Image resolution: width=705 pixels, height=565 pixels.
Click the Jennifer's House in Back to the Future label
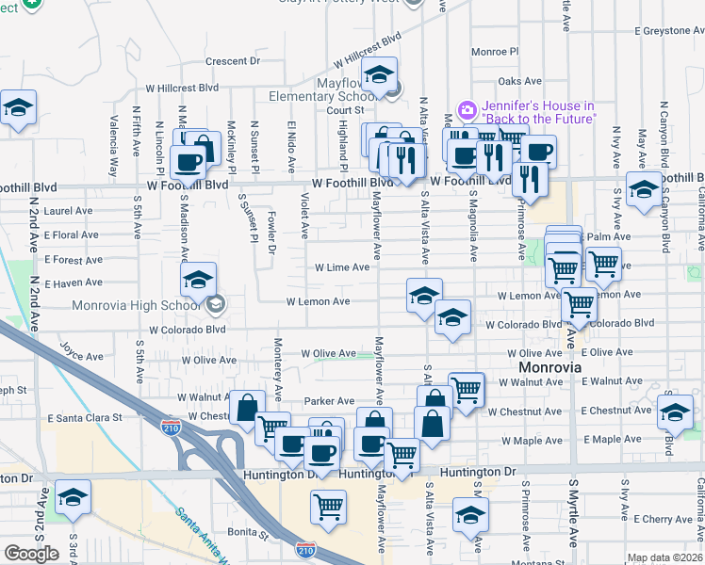coord(539,112)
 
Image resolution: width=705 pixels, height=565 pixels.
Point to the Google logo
coord(31,553)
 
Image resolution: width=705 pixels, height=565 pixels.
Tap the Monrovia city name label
coord(549,366)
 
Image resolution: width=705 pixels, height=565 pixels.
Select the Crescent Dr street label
coord(232,61)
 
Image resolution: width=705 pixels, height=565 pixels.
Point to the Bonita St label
coord(249,533)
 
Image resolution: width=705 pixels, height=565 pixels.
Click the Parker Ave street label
coord(328,401)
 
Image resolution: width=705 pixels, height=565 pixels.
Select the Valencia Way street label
coord(113,146)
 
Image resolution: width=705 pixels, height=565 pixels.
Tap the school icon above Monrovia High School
coord(199,279)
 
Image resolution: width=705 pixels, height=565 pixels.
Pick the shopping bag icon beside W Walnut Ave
coord(247,408)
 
